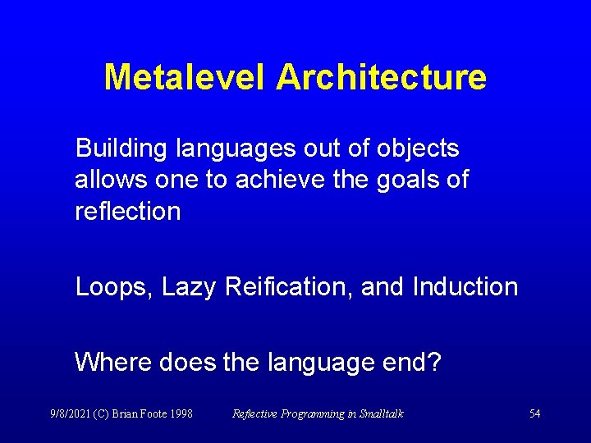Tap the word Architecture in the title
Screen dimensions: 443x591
coord(381,78)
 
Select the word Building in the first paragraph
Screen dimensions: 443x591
coord(121,149)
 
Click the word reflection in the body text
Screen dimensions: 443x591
coord(127,211)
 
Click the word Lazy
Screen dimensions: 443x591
coord(189,287)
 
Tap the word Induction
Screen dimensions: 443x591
coord(465,287)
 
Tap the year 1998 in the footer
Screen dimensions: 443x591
coord(181,413)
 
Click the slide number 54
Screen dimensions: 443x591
coord(534,413)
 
